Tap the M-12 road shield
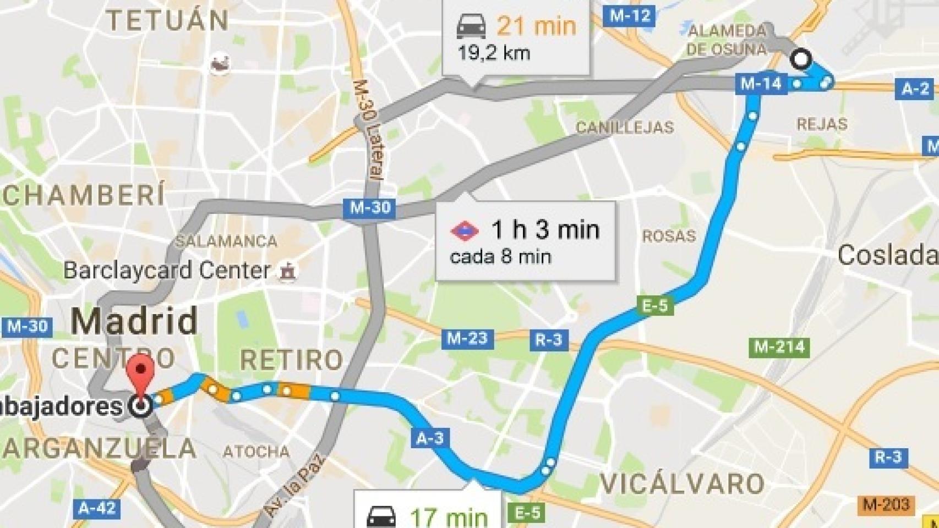tap(630, 16)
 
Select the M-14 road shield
tap(761, 84)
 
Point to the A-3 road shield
tap(430, 438)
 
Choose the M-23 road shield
tap(467, 338)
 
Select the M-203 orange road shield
tap(886, 504)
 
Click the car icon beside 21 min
tap(472, 26)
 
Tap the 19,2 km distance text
tap(494, 53)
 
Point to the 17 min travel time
tap(449, 517)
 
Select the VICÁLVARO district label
tap(681, 484)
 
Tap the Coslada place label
tap(887, 256)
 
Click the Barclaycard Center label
tap(167, 271)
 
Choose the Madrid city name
tap(134, 320)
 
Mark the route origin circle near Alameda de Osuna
tap(800, 58)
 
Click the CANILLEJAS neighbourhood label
tap(624, 128)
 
